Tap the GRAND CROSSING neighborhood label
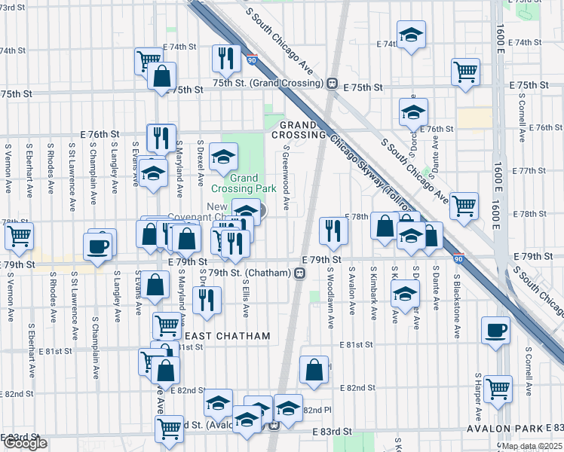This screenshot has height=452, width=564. pos(302,130)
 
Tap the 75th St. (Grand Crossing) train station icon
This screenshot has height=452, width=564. pos(331,82)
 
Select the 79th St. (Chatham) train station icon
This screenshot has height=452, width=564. pos(299,273)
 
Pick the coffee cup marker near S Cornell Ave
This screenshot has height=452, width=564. pos(495,330)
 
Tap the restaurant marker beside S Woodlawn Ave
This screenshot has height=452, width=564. pos(333,231)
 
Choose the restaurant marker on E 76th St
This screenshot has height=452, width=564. pos(161,137)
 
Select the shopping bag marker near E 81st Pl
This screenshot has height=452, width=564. pos(314,369)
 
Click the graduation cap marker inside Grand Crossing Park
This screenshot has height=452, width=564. pos(222,157)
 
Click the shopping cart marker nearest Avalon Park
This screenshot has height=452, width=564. pos(498,388)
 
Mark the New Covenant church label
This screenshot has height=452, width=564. pos(217,212)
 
